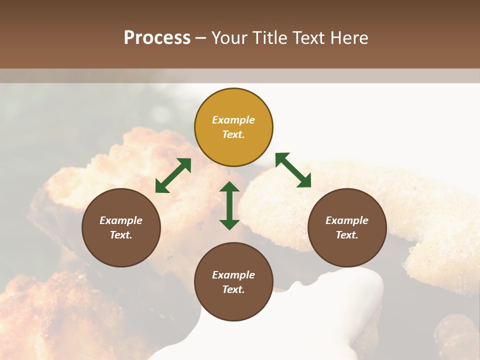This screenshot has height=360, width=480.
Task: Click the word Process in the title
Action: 157,38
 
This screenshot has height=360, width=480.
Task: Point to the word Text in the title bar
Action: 308,38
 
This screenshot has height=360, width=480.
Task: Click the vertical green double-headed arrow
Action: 229,205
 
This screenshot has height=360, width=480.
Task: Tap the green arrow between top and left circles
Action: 173,175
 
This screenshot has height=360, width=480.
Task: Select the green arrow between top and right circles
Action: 293,170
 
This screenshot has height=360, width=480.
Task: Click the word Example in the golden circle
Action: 233,120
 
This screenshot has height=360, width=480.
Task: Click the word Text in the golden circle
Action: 233,134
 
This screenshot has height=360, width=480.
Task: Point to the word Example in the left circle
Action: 121,220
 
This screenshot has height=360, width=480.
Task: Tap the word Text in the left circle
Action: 120,235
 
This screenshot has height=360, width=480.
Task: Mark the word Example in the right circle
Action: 347,220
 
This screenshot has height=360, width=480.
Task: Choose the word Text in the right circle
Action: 346,235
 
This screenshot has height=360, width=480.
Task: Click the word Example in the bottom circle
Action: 233,275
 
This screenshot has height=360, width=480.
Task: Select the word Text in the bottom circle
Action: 233,289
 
